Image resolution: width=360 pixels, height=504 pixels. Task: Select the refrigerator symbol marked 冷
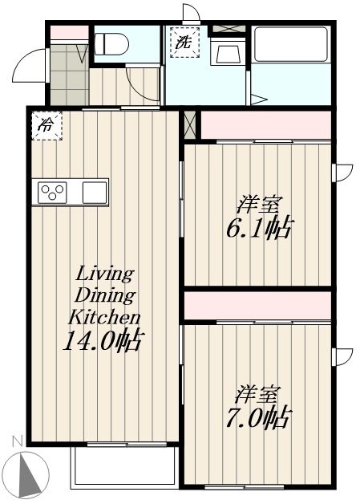[x=46, y=125]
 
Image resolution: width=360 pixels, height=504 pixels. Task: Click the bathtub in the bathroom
[x=289, y=44]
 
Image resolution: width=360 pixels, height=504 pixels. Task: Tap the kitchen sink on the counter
[x=94, y=193]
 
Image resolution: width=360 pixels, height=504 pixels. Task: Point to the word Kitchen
[x=104, y=315]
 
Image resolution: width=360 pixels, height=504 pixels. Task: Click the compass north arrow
[x=28, y=474]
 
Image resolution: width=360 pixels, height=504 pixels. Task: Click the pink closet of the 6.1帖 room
[x=265, y=125]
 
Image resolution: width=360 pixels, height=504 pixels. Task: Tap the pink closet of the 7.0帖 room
[x=257, y=305]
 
